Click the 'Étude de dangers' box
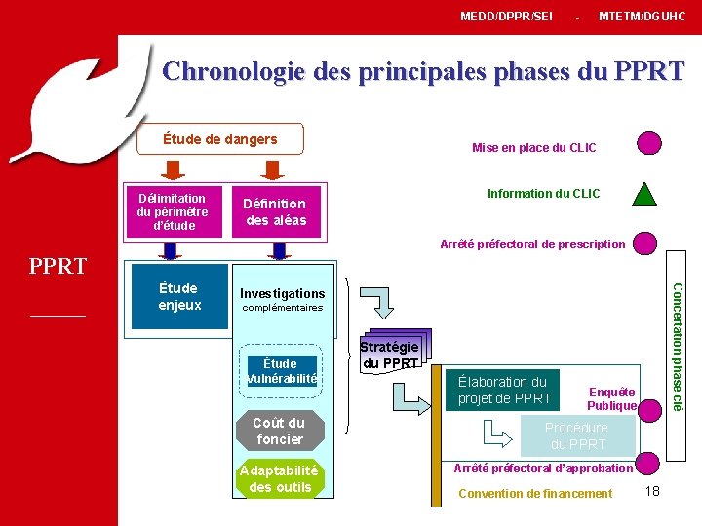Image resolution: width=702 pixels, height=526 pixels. (x=219, y=139)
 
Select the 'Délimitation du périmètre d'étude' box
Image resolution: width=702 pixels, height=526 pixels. (x=172, y=211)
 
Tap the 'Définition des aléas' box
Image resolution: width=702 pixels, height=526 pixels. (x=276, y=211)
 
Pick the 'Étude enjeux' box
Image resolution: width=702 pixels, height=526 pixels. (x=178, y=296)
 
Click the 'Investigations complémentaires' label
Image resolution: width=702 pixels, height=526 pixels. (x=282, y=299)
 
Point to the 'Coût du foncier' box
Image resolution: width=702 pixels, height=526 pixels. (x=279, y=431)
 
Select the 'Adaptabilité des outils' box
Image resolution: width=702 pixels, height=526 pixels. (x=280, y=478)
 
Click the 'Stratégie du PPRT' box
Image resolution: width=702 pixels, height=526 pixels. (x=389, y=356)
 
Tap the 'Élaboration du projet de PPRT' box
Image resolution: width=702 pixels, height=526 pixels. (x=505, y=390)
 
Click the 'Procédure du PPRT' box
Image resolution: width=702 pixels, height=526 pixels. (x=576, y=435)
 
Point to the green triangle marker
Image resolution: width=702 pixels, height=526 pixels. (x=645, y=193)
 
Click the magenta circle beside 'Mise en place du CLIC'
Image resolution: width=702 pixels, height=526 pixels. (x=648, y=143)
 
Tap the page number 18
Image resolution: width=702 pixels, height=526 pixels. (x=652, y=491)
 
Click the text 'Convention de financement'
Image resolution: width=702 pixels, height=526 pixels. (x=535, y=493)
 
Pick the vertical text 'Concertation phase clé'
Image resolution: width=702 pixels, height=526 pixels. (x=680, y=346)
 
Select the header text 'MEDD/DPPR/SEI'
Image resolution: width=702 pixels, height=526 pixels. (x=506, y=17)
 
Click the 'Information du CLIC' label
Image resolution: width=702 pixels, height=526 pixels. (x=544, y=194)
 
